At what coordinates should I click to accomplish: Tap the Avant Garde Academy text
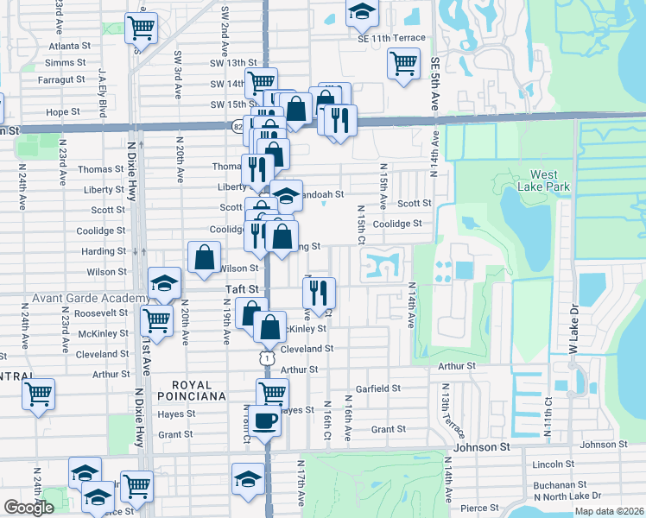pos(80,298)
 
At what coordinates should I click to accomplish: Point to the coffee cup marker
pos(267,421)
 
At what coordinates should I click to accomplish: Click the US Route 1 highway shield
pos(269,357)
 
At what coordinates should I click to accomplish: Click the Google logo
pos(28,508)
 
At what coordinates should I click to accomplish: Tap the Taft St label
pos(242,289)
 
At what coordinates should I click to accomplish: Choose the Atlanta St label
pos(70,46)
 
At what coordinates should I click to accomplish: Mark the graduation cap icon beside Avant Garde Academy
pos(164,281)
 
